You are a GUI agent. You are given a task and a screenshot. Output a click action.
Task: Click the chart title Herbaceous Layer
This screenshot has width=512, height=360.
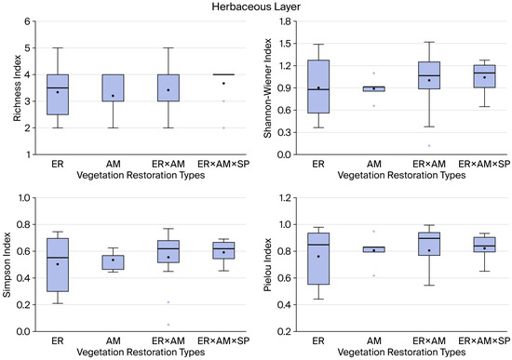point(256,7)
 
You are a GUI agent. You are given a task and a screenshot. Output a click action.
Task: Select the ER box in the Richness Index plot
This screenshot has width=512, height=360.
point(58,95)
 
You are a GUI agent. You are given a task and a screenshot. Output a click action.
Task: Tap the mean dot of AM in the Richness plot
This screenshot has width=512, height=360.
point(113,96)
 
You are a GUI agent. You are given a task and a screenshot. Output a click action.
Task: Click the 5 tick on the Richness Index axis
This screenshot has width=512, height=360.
point(27,48)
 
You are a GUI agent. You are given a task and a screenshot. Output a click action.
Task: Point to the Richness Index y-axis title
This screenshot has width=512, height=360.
point(17,88)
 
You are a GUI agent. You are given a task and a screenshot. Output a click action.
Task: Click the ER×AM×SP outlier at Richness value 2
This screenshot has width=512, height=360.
point(223,128)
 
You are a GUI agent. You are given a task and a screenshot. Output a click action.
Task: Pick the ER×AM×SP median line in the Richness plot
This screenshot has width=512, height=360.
point(223,74)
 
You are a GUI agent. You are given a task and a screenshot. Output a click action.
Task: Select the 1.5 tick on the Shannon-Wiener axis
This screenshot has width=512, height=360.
point(284,44)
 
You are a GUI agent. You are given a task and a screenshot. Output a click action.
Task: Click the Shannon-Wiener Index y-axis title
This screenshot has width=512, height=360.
point(268,88)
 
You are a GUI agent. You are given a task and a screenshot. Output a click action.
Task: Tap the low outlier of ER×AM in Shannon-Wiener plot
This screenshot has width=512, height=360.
point(429,145)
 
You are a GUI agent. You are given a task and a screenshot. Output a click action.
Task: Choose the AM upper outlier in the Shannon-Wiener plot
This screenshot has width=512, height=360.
point(374,73)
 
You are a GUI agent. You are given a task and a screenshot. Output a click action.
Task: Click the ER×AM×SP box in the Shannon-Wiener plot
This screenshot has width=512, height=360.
point(485,76)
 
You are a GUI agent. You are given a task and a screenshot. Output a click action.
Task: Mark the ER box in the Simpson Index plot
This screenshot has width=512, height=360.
point(58,265)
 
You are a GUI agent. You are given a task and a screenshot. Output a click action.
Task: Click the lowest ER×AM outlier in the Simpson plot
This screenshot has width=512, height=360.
point(168,325)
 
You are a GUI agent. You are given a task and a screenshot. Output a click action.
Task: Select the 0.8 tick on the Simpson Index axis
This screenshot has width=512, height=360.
point(23,224)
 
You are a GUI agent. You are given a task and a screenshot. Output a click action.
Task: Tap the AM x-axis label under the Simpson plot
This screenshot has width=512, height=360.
point(113,341)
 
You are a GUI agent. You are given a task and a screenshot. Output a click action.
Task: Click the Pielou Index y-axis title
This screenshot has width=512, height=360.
point(268,265)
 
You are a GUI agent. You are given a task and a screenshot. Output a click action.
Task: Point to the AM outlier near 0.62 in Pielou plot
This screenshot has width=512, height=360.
point(374,275)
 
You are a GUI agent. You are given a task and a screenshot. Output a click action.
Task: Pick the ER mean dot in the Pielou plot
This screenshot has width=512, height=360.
point(318,257)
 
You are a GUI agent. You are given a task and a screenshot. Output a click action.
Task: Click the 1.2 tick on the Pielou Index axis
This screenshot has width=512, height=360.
point(284,198)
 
